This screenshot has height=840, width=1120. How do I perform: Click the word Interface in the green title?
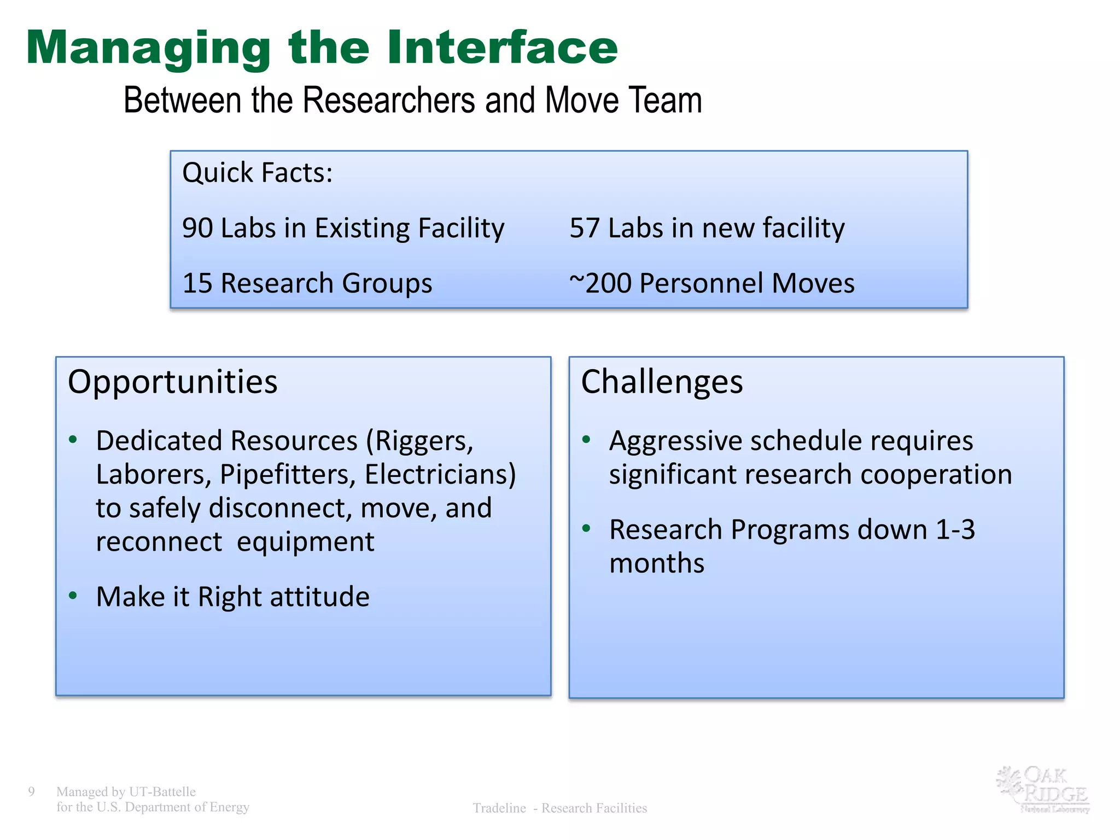point(502,48)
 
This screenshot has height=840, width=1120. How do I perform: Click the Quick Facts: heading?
point(257,173)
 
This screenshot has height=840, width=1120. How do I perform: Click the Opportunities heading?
point(172,382)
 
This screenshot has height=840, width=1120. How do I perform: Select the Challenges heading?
point(662,382)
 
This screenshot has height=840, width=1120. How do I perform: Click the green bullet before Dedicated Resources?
point(73,440)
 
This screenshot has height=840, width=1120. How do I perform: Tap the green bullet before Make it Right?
point(73,596)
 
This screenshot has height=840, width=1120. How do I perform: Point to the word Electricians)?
point(440,475)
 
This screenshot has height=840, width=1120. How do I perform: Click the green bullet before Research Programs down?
point(586,528)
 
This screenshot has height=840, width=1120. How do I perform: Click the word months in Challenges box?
point(656,563)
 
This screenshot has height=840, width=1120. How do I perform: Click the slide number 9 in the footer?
point(31,791)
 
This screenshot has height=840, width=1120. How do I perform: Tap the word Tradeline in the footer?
point(499,808)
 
